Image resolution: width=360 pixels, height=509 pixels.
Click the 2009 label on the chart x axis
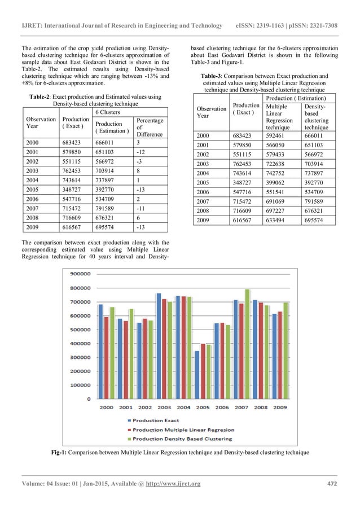[x=280, y=407]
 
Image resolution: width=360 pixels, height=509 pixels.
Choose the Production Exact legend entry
[x=155, y=420]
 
